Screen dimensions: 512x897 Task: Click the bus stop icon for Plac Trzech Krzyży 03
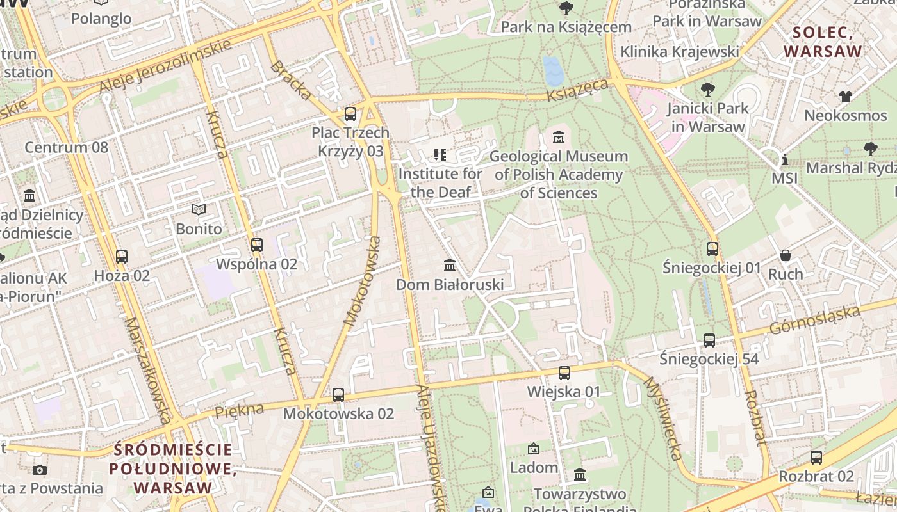click(350, 114)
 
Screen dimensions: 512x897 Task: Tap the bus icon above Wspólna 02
click(257, 245)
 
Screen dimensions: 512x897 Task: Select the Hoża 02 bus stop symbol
click(122, 257)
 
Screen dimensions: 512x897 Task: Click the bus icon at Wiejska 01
click(564, 373)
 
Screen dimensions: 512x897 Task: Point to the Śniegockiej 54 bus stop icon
click(709, 340)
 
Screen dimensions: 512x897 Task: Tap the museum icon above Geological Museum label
click(559, 138)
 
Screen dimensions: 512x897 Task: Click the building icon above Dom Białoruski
click(450, 265)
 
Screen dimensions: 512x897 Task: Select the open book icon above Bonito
click(199, 210)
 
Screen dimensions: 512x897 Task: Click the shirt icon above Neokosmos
click(846, 97)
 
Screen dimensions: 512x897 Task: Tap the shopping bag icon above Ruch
click(786, 255)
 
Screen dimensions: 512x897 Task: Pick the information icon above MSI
click(784, 159)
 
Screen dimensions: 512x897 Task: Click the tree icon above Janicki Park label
click(707, 90)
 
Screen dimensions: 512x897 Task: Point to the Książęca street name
click(577, 90)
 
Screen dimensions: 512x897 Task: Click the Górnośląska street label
click(814, 320)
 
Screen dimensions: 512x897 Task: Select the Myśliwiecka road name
click(662, 418)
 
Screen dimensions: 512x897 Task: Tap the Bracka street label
click(291, 81)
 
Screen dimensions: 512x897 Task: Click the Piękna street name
click(239, 410)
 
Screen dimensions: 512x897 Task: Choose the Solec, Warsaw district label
click(827, 42)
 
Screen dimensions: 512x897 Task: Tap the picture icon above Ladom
click(534, 449)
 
